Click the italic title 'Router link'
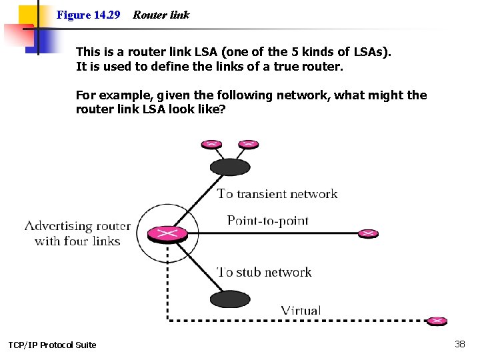point(161,15)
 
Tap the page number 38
point(459,344)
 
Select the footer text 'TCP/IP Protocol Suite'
point(52,345)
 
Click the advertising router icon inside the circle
point(167,234)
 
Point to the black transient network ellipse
point(229,167)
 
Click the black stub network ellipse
point(229,299)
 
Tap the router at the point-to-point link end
point(369,233)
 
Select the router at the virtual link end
point(437,321)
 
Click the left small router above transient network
point(211,143)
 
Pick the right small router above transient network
point(248,143)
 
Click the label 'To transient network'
point(277,194)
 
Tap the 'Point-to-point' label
point(267,220)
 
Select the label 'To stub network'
point(265,272)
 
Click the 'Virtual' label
point(301,310)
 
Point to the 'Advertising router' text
point(77,226)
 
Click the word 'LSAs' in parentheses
point(364,51)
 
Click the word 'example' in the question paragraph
point(119,95)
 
